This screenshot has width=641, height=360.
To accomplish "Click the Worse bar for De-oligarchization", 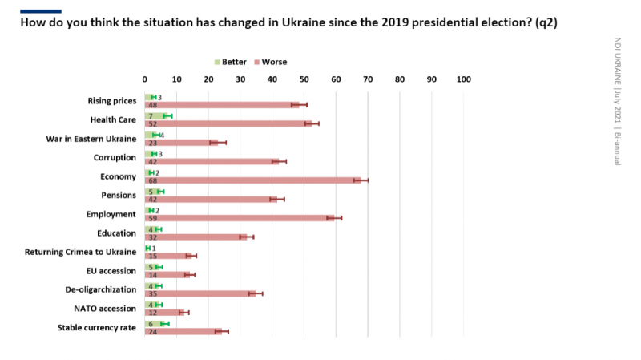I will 200,293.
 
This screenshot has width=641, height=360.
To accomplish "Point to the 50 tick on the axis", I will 304,79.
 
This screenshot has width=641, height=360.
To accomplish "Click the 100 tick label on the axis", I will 463,79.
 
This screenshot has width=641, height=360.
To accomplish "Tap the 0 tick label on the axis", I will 145,79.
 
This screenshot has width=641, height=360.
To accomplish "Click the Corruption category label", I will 115,157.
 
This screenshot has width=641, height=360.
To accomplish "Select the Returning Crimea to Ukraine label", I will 80,252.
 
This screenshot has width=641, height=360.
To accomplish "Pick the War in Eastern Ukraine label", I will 91,139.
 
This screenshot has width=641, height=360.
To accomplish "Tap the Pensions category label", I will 118,195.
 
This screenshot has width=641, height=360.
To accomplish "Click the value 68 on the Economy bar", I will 152,180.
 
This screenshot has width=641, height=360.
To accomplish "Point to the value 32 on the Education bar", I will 152,237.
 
